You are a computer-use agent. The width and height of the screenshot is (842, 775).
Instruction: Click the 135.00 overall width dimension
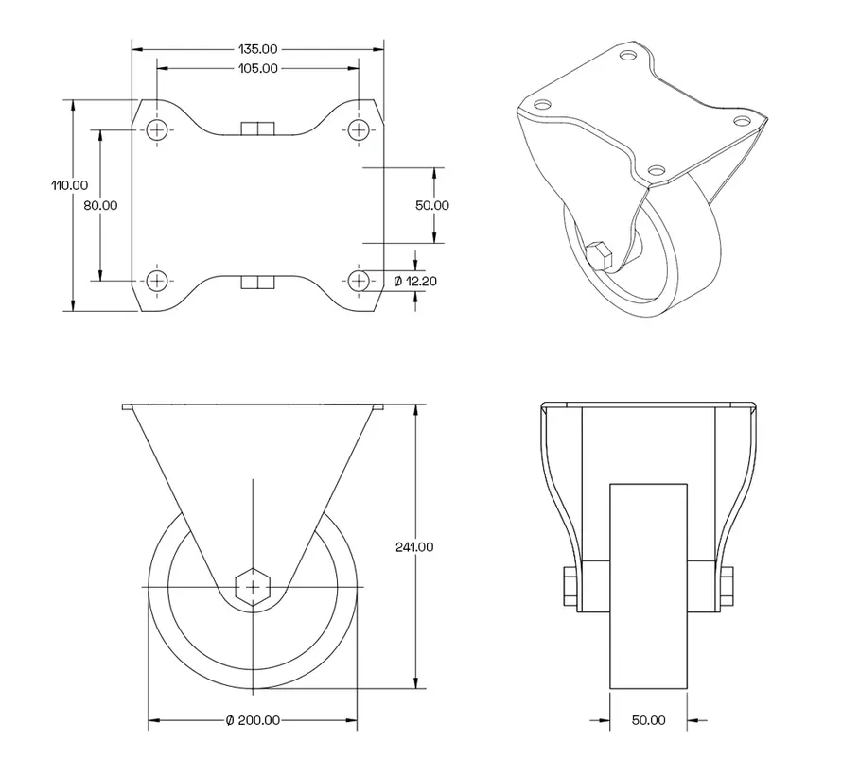pos(257,48)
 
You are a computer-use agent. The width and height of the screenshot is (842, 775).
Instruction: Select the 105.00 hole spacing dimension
pos(257,68)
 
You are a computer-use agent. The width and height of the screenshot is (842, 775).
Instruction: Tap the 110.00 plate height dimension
pos(70,185)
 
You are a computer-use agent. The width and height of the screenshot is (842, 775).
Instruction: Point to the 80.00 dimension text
pos(100,205)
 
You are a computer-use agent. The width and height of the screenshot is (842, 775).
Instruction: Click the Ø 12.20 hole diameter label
pos(415,281)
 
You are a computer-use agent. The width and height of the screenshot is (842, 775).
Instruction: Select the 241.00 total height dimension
pos(415,546)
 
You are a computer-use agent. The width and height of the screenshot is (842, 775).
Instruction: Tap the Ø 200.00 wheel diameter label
pos(253,720)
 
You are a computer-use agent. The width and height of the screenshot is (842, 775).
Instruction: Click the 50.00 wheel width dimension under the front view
pos(648,720)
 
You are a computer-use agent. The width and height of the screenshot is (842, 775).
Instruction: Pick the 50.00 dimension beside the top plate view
pos(432,205)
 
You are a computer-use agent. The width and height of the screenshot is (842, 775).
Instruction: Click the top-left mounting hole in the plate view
pos(157,129)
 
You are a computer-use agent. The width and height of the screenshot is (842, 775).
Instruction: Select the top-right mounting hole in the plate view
pos(359,129)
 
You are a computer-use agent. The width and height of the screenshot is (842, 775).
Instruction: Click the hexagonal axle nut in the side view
pos(253,587)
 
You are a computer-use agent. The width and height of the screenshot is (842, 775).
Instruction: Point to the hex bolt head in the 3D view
pos(599,256)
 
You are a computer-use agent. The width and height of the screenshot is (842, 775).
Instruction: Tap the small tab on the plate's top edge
pos(257,129)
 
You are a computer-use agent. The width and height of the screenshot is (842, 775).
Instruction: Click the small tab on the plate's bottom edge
pos(257,281)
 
